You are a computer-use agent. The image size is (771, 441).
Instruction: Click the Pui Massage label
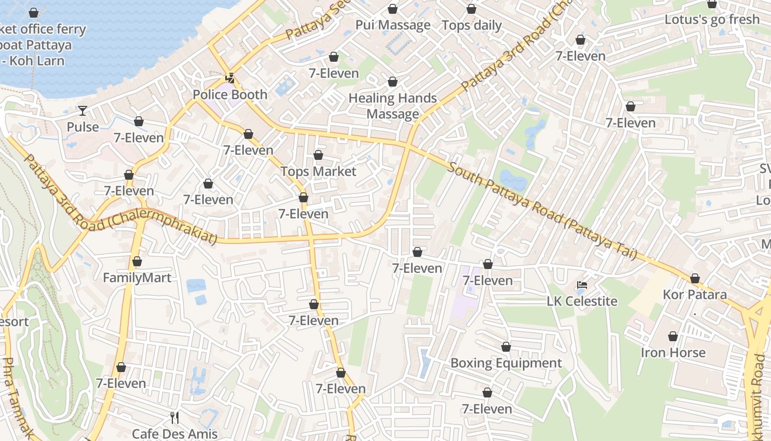tap(393, 25)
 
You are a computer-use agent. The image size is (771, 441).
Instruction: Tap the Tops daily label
tap(471, 25)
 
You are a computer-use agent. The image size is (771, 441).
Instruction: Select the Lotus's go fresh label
tap(712, 19)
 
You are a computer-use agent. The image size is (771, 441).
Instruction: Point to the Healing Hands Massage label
tap(393, 106)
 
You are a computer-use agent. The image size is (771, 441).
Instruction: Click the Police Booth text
tap(230, 94)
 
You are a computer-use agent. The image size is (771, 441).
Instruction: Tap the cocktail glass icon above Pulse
tap(83, 111)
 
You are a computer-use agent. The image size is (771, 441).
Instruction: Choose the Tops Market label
tap(318, 171)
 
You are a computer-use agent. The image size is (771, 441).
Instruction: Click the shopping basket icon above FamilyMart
tap(137, 261)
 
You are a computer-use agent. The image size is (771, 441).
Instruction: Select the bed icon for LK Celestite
tap(582, 285)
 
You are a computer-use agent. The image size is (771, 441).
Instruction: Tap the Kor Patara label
tap(694, 294)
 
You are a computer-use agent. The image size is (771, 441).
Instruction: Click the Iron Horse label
tap(672, 352)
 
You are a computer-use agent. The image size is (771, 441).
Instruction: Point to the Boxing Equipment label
tap(506, 363)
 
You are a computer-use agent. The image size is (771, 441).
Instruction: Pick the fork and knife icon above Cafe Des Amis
tap(175, 417)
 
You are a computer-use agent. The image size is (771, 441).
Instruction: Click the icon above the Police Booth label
tap(230, 78)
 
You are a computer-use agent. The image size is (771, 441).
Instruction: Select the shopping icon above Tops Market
tap(318, 155)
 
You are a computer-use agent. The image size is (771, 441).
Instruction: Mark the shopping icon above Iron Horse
tap(672, 336)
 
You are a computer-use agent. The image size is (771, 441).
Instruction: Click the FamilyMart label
tap(137, 277)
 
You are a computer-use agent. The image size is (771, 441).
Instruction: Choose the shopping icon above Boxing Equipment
tap(506, 347)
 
